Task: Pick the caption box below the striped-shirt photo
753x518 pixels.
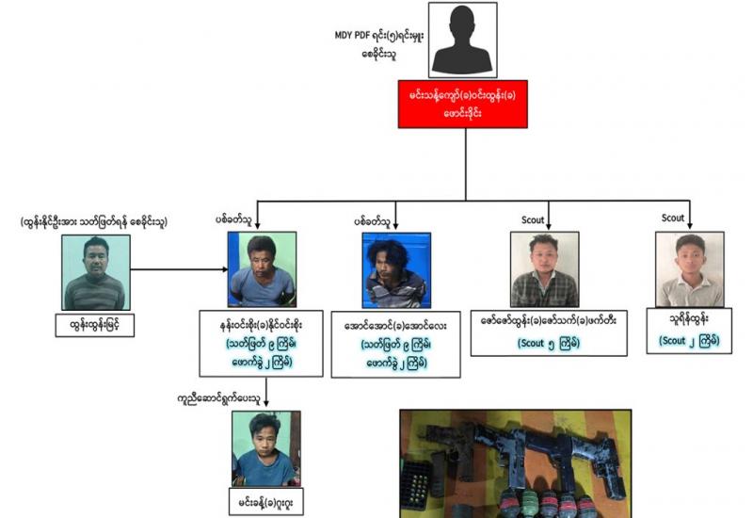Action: [93, 327]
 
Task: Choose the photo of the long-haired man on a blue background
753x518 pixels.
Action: [395, 270]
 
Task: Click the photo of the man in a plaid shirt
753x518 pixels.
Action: [544, 269]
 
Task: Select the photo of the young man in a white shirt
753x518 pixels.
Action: [689, 269]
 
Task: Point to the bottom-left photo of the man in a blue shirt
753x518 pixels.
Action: [265, 447]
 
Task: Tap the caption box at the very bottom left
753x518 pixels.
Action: [266, 503]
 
